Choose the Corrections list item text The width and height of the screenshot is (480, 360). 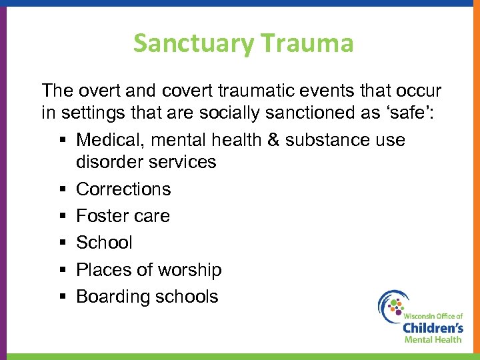123,189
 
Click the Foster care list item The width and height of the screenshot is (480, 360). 123,216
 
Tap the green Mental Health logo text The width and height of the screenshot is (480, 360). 433,339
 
